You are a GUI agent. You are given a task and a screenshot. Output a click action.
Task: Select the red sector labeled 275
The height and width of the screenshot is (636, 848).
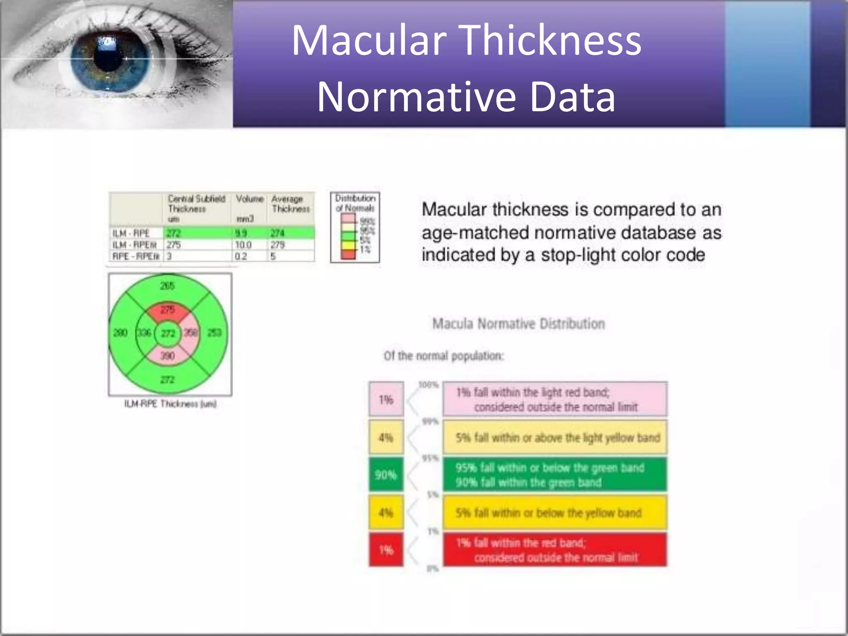click(168, 311)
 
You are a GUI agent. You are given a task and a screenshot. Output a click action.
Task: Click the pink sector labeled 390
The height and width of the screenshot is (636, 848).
click(168, 356)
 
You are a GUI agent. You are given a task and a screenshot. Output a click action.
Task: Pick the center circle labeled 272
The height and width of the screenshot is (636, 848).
click(168, 333)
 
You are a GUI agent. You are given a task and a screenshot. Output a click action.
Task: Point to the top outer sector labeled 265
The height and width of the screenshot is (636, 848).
click(168, 286)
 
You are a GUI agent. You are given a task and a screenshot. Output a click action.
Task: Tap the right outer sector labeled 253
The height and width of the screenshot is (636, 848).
click(214, 332)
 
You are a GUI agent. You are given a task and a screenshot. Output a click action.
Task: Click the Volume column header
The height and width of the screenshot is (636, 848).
click(249, 199)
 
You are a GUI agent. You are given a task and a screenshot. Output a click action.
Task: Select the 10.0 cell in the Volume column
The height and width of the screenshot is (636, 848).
click(243, 245)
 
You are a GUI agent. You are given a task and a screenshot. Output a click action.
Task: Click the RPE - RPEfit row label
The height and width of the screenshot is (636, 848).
click(136, 256)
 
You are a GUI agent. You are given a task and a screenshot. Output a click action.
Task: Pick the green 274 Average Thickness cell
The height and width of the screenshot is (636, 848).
click(277, 233)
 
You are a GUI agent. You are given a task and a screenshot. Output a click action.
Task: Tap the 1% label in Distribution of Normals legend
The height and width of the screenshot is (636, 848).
click(365, 249)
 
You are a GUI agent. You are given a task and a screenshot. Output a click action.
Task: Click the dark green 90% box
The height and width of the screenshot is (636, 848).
click(386, 475)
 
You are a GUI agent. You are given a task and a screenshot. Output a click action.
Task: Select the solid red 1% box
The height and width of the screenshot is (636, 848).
click(386, 550)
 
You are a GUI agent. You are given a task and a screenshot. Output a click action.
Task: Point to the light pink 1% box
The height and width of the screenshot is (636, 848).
click(386, 400)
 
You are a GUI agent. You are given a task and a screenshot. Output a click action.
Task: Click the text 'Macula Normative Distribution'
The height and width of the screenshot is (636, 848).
click(518, 324)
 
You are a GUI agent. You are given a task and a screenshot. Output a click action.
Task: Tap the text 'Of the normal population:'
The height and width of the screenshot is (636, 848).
click(443, 356)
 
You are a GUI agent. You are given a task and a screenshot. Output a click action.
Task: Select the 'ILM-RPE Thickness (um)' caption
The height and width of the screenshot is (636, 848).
click(170, 404)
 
